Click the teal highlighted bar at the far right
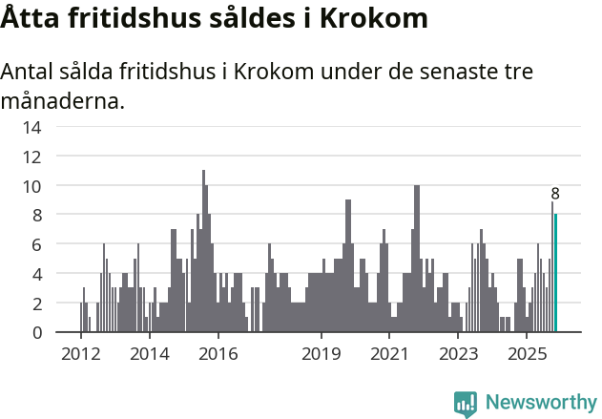(x=555, y=273)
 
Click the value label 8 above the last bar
(x=555, y=194)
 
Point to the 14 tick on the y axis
(x=33, y=128)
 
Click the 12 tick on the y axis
(x=33, y=157)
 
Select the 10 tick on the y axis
(x=33, y=186)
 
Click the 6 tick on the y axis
(x=37, y=244)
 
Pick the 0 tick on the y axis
(x=37, y=332)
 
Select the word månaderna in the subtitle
(x=64, y=100)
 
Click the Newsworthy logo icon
(x=466, y=404)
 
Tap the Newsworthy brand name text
(x=541, y=404)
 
